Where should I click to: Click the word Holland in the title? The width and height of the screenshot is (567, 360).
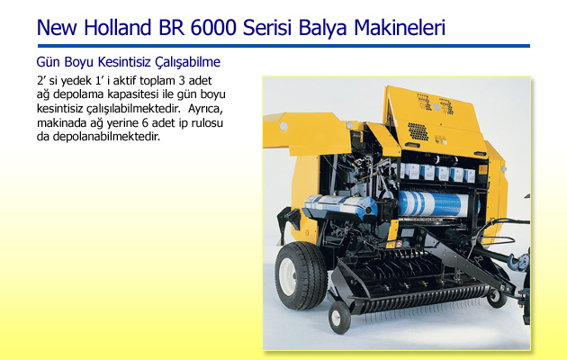coord(118,28)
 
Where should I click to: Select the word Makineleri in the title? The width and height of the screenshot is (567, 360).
coord(400,28)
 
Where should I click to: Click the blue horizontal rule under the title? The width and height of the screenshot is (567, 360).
coord(283,46)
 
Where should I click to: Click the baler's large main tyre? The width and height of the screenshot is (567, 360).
coord(301,275)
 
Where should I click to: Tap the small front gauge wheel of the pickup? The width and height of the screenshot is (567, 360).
coord(339,318)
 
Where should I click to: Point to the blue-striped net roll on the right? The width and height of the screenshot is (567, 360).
coord(438,204)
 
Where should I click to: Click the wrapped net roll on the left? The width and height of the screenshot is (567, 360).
coord(340,207)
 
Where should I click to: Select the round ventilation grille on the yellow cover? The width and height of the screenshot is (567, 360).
coord(418,131)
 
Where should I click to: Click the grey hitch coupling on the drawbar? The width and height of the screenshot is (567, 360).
coord(517,262)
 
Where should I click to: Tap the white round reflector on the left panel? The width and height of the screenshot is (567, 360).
coord(283,127)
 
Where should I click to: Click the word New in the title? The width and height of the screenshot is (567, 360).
coord(58,28)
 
